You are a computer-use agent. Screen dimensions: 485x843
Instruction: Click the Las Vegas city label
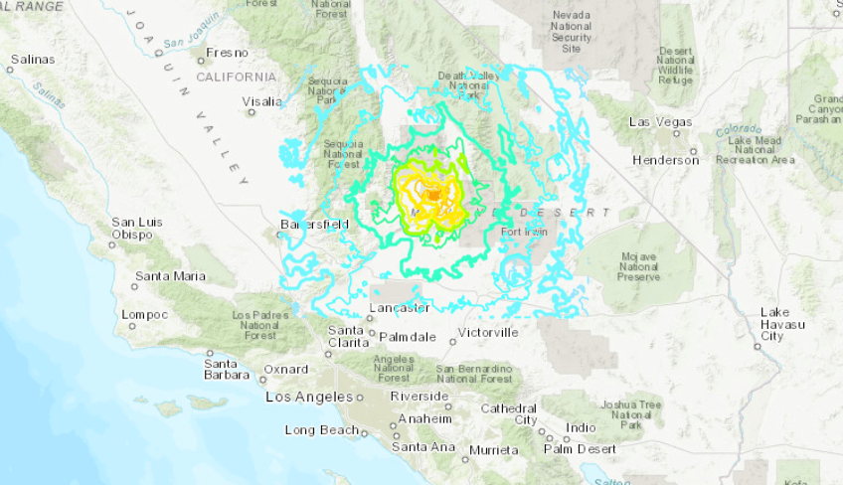pos(661,122)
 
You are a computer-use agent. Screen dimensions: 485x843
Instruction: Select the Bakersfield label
pos(314,225)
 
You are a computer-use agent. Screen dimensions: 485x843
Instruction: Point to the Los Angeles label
pos(310,398)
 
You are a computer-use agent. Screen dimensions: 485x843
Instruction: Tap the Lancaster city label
pos(399,308)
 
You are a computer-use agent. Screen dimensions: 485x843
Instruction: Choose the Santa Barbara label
pos(227,369)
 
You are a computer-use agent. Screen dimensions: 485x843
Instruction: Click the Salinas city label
pos(33,60)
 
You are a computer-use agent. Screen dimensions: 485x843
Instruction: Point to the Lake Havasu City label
pos(775,324)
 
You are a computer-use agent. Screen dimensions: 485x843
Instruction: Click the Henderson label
pos(665,160)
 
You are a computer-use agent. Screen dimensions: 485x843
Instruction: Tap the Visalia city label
pos(262,101)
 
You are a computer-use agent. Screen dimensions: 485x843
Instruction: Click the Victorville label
pos(488,333)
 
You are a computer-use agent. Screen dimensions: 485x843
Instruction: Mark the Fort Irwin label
pos(525,233)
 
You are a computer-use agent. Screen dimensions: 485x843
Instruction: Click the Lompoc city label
pos(144,314)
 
